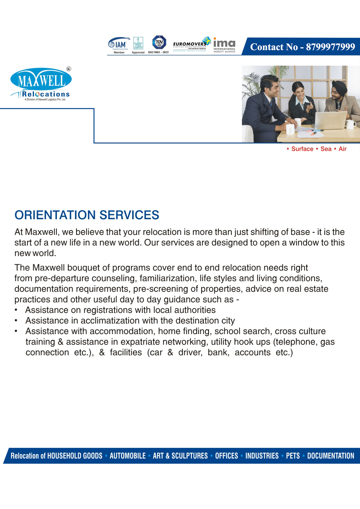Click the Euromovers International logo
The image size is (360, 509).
192,44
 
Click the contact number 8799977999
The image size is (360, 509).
302,47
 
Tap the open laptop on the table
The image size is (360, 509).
331,120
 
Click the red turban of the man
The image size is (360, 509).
339,87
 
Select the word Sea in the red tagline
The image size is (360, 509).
326,149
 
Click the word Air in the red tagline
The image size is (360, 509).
342,149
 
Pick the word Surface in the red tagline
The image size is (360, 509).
302,149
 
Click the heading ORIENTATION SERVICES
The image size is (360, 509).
87,215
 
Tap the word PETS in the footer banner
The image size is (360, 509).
293,456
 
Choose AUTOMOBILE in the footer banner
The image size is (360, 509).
127,456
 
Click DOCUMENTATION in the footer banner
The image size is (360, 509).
331,456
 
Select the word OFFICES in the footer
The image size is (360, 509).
226,456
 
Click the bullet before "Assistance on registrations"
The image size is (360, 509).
16,310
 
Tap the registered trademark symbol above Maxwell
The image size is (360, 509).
69,69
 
